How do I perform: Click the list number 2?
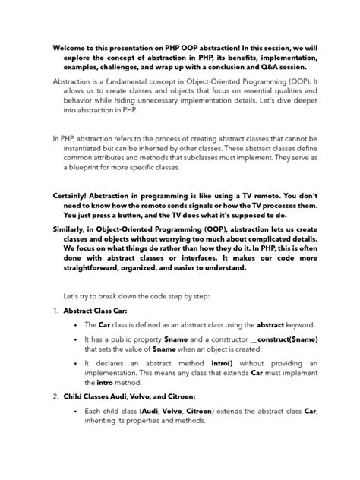[56, 396]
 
